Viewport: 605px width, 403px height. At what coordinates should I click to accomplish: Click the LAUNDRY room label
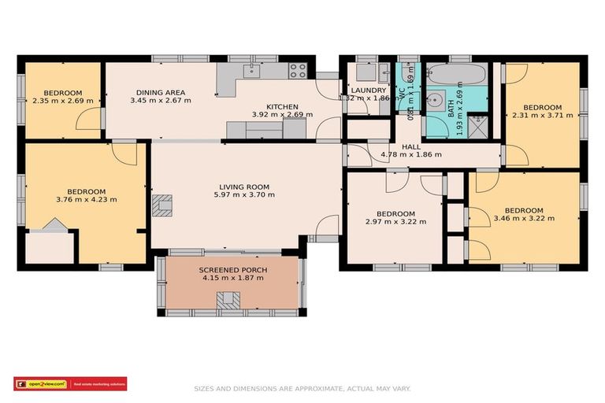tap(369, 91)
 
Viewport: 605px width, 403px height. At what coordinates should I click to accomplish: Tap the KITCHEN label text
tap(282, 106)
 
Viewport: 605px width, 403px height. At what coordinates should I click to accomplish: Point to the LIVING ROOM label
tap(244, 187)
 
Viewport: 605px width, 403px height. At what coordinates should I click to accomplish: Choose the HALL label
tap(410, 146)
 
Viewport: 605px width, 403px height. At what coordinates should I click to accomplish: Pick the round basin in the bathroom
tap(434, 102)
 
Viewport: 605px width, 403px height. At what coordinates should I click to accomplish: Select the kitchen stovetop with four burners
tap(297, 71)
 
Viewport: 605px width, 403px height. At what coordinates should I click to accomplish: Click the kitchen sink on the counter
tap(251, 71)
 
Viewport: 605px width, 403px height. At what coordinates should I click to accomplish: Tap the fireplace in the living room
tap(163, 205)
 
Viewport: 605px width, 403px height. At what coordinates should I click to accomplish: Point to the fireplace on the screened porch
tap(230, 300)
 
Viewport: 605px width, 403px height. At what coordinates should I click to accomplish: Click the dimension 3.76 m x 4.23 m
tap(87, 200)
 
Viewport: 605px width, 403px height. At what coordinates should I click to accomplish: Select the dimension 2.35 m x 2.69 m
tap(63, 101)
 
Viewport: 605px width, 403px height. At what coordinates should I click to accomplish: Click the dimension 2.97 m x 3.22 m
tap(395, 222)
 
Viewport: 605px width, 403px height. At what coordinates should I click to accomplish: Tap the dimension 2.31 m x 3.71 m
tap(543, 116)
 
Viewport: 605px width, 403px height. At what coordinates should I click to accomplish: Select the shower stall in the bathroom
tap(477, 126)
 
